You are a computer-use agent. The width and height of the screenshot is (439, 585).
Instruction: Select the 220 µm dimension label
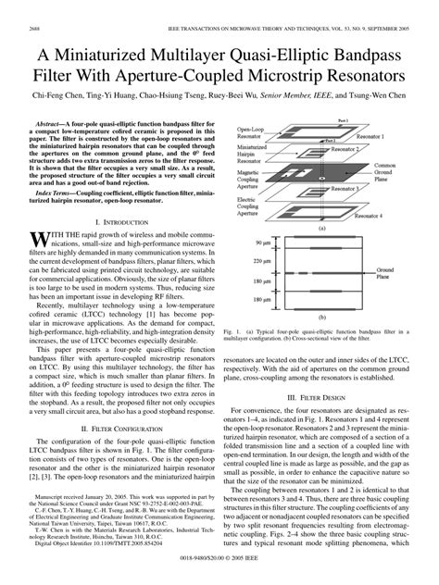pos(262,261)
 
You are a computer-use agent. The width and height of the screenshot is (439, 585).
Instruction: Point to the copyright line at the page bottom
pos(219,576)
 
